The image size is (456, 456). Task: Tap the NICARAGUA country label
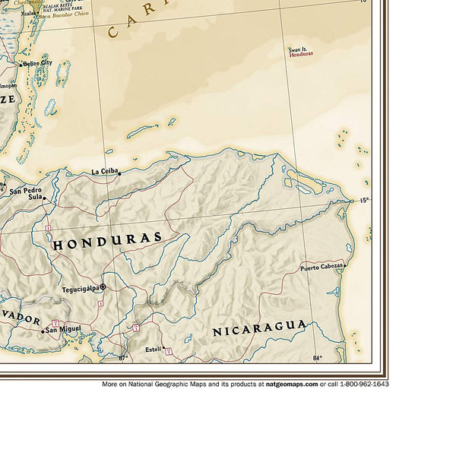pyautogui.click(x=259, y=328)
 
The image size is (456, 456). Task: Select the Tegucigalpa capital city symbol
pyautogui.click(x=103, y=287)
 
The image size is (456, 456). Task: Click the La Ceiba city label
pyautogui.click(x=105, y=171)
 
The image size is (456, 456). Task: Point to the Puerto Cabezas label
pyautogui.click(x=320, y=268)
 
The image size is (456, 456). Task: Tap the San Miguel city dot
pyautogui.click(x=43, y=330)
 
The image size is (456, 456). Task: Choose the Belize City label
pyautogui.click(x=36, y=63)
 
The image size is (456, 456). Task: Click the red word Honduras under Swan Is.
pyautogui.click(x=304, y=55)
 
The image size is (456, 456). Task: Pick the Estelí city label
pyautogui.click(x=153, y=349)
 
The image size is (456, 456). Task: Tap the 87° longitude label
pyautogui.click(x=124, y=357)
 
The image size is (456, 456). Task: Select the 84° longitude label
pyautogui.click(x=317, y=357)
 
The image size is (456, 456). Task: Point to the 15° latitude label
pyautogui.click(x=363, y=200)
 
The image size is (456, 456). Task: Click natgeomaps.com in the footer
pyautogui.click(x=291, y=384)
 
